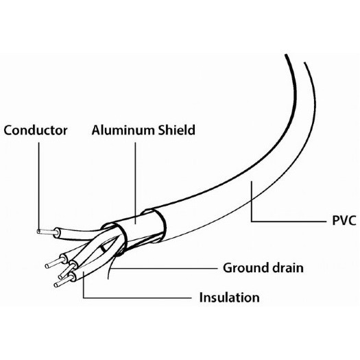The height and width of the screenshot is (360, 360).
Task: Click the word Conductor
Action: (36, 130)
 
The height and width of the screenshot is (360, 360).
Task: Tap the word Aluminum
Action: (123, 130)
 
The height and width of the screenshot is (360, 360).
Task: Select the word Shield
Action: (176, 130)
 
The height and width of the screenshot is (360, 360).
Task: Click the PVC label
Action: (344, 221)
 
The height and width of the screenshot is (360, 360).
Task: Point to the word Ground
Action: (245, 267)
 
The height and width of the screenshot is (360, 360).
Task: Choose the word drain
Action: (287, 267)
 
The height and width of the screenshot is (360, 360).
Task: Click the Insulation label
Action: (229, 298)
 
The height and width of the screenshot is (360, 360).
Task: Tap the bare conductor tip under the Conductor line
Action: (46, 232)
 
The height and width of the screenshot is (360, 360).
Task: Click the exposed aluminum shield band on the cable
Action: (136, 224)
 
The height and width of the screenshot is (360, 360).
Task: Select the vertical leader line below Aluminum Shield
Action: (135, 183)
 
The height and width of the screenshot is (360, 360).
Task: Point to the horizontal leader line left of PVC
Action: (289, 221)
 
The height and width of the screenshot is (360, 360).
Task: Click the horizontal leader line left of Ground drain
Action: (163, 268)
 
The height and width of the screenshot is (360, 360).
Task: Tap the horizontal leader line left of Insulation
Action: (137, 298)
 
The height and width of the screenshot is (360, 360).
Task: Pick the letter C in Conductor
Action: (8, 130)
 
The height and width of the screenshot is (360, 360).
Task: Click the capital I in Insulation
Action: (201, 298)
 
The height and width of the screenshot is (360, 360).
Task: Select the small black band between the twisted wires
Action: (104, 249)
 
